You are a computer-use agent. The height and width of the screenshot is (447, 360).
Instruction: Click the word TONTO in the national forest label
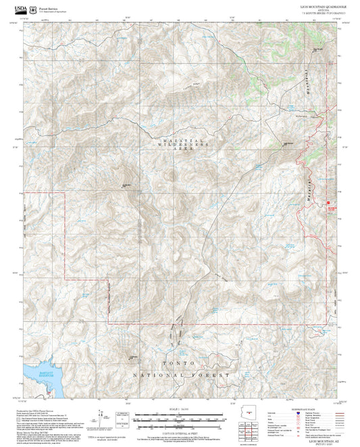tap(178, 363)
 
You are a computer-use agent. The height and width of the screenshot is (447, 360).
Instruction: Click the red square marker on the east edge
tap(330, 203)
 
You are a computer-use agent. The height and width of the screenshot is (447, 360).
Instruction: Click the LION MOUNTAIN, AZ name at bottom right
tap(322, 439)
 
